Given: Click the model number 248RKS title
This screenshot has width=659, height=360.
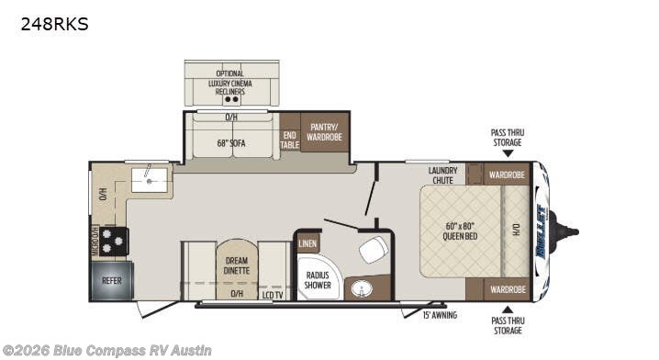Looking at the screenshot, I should point(54,25).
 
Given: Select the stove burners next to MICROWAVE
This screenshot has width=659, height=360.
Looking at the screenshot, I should point(115,241).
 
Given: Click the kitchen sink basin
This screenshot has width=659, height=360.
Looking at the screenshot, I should point(148,176).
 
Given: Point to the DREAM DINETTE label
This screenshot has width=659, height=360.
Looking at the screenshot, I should point(237,264).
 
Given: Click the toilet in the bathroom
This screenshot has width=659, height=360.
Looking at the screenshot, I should point(374,249).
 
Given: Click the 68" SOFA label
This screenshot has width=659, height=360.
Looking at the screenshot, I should point(232,142).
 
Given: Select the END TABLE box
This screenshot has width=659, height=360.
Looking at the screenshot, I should point(289,139).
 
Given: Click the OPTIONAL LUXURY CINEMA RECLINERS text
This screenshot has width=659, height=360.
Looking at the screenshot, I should point(230,83).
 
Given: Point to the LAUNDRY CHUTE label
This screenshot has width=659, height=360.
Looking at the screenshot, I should point(443,174).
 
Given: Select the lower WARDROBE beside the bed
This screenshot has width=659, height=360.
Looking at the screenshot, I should point(507,289).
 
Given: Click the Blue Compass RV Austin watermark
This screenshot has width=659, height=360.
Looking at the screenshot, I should point(107,350).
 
